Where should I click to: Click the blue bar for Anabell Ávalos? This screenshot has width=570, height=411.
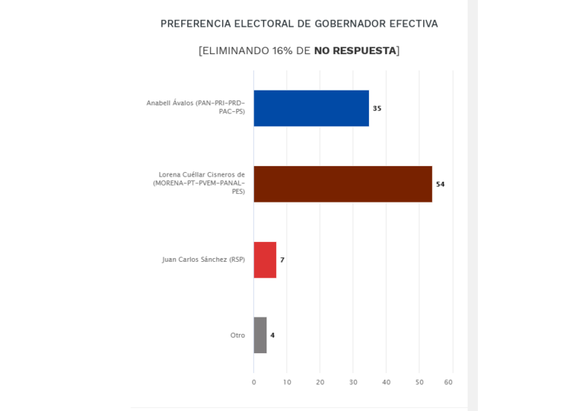pos(311,108)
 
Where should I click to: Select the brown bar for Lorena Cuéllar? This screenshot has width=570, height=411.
pos(342,184)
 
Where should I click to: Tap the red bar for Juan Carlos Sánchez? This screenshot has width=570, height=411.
pos(265,260)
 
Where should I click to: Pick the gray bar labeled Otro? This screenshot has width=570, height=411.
pos(260,335)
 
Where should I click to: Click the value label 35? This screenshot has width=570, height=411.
pos(377,108)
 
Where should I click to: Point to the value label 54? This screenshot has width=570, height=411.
pos(440,184)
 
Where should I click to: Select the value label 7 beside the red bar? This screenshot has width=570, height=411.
pos(282,260)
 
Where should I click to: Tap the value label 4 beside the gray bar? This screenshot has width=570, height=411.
pos(272,335)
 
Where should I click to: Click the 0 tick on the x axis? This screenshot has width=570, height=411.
pos(254,382)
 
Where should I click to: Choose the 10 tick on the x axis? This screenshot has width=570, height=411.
pos(286,382)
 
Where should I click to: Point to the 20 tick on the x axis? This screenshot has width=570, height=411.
pos(320,382)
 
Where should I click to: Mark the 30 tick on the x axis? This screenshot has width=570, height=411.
pos(353,382)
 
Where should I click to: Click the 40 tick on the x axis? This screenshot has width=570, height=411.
pos(386,382)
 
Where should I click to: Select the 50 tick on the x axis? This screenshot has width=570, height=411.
pos(419,382)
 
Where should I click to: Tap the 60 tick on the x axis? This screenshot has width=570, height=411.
pos(448,382)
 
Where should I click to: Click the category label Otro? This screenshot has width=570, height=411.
pos(237,335)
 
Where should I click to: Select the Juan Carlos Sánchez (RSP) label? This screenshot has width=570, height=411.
pos(203,260)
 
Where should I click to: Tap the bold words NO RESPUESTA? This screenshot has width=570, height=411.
pos(355,50)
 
